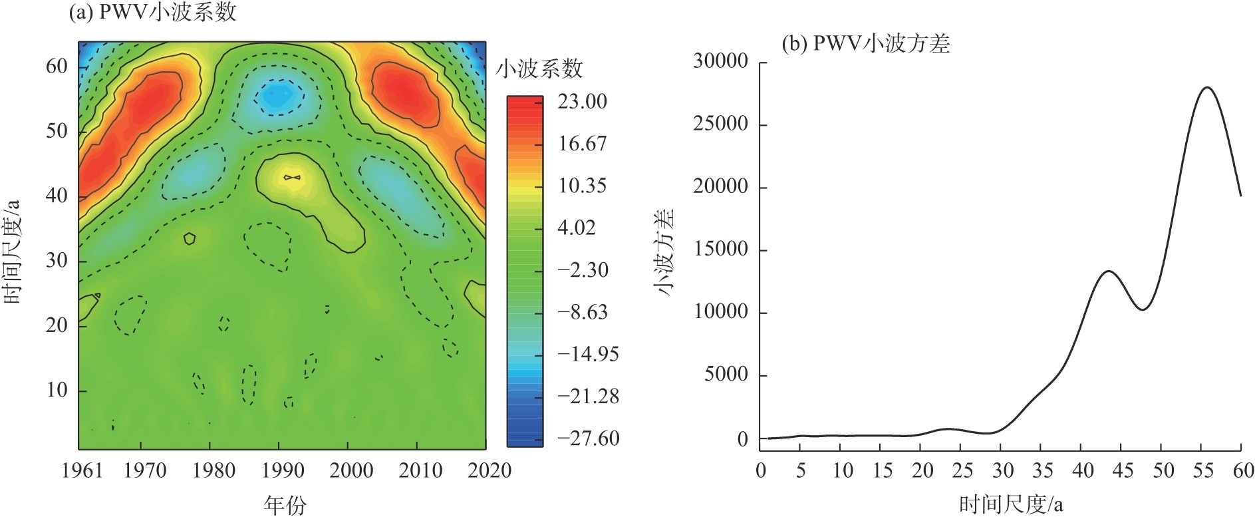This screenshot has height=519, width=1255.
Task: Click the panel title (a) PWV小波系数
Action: pyautogui.click(x=152, y=12)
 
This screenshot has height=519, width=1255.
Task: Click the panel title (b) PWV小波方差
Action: pyautogui.click(x=865, y=44)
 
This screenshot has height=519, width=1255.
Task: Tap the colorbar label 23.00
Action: pyautogui.click(x=582, y=102)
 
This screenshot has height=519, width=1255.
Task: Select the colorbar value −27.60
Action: pyautogui.click(x=588, y=438)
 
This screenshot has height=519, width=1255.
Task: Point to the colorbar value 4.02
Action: pyautogui.click(x=576, y=228)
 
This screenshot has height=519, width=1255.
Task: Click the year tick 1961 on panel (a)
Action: pyautogui.click(x=82, y=471)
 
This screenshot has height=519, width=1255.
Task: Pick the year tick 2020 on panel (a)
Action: pyautogui.click(x=489, y=471)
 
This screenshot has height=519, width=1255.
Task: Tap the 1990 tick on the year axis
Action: pyautogui.click(x=283, y=471)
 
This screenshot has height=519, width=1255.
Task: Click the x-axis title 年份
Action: pyautogui.click(x=285, y=505)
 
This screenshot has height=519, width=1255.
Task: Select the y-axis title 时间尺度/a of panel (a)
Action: pyautogui.click(x=13, y=251)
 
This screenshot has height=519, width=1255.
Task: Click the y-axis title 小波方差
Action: pyautogui.click(x=664, y=251)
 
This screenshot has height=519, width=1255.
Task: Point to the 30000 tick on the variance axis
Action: pyautogui.click(x=720, y=62)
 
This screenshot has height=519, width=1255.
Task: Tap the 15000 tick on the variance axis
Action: pyautogui.click(x=720, y=250)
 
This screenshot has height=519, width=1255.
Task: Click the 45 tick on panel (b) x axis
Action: pyautogui.click(x=1123, y=471)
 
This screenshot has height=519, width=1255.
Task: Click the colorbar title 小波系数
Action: pyautogui.click(x=539, y=69)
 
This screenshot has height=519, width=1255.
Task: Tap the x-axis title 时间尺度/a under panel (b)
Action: pyautogui.click(x=1011, y=505)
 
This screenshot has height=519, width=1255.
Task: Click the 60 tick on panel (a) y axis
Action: pyautogui.click(x=57, y=67)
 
